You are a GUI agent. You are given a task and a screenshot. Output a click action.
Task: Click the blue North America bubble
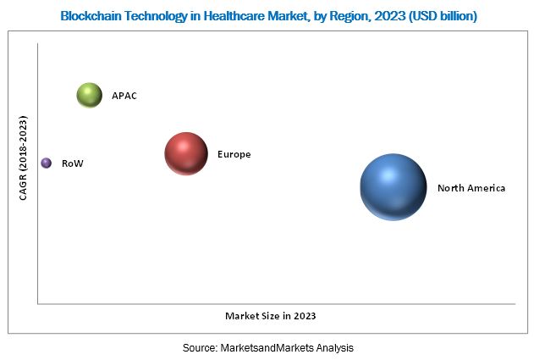pyautogui.click(x=393, y=187)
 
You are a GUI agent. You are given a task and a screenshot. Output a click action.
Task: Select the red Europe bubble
pyautogui.click(x=186, y=154)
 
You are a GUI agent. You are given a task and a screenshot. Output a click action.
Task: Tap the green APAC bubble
pyautogui.click(x=89, y=96)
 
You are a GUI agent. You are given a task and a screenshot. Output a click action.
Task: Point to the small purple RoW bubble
pyautogui.click(x=46, y=163)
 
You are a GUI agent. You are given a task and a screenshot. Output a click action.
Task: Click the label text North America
pyautogui.click(x=471, y=188)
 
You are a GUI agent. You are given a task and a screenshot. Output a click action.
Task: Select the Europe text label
pyautogui.click(x=234, y=155)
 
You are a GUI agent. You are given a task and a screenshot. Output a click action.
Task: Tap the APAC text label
pyautogui.click(x=124, y=96)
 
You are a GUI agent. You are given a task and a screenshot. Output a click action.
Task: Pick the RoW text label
pyautogui.click(x=73, y=163)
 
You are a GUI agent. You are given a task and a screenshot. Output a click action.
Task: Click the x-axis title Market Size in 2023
pyautogui.click(x=270, y=316)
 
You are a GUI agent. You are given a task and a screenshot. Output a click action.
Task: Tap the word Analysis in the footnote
pyautogui.click(x=333, y=348)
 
